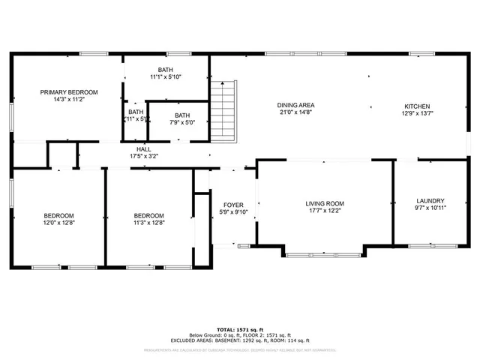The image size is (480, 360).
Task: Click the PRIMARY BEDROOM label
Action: tap(69, 92)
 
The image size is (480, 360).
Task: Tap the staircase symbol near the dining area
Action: tap(224, 112)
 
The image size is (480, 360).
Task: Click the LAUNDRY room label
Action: tap(430, 200)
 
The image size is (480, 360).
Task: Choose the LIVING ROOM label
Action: tap(324, 203)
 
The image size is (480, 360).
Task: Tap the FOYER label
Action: tap(233, 205)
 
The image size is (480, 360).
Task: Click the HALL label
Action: tap(143, 149)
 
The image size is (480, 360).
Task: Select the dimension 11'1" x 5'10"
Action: tap(166, 76)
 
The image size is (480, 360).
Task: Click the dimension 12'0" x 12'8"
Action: tap(58, 222)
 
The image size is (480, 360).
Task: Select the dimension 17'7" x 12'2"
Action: tap(324, 211)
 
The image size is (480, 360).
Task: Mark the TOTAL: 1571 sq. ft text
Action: tap(239, 329)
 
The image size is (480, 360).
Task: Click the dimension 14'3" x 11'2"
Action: tap(69, 99)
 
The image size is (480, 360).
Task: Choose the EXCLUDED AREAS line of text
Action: tap(239, 341)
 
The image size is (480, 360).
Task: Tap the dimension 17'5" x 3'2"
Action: tap(143, 156)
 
